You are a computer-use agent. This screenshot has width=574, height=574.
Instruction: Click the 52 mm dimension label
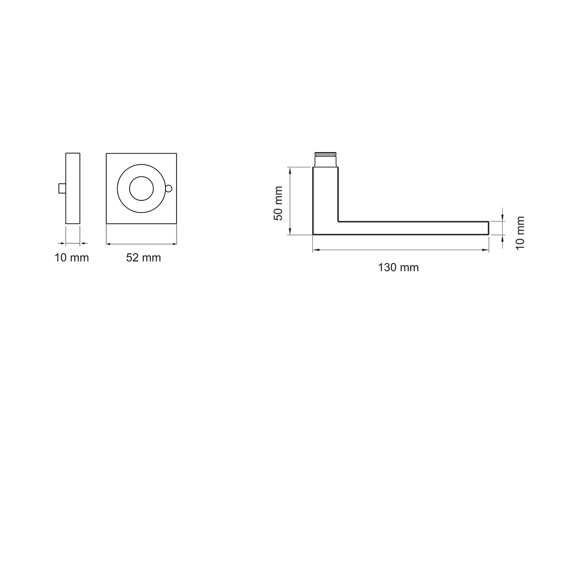click(143, 258)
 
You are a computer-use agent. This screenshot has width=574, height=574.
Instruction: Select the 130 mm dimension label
click(398, 267)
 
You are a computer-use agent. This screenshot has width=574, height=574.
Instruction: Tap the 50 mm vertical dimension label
click(278, 203)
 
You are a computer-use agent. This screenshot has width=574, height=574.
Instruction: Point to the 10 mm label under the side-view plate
click(71, 258)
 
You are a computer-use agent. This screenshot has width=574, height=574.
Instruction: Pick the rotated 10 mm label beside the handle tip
click(520, 233)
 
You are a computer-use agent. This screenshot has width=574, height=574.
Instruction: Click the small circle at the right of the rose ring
click(168, 188)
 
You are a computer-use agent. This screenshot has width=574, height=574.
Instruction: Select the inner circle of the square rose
click(142, 188)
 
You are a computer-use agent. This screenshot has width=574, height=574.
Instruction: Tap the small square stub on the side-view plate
click(62, 188)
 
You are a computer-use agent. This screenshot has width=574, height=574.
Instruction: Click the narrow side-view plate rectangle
click(73, 188)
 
